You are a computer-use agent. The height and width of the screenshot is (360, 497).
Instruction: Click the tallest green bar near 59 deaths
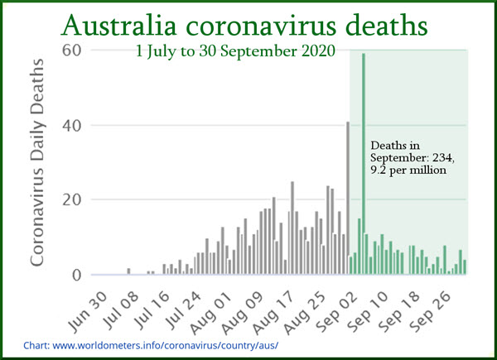click(364, 166)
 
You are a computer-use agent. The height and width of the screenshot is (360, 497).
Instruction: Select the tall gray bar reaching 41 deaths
click(348, 199)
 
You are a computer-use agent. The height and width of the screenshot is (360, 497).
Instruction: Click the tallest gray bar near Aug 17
click(292, 228)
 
